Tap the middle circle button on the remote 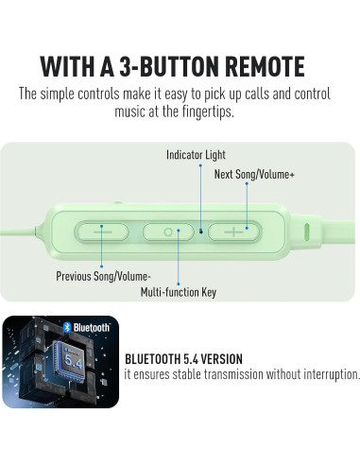point(168,231)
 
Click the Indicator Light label point(196,154)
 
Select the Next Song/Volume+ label point(254,174)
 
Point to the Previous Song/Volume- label point(103,277)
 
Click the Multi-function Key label point(178,292)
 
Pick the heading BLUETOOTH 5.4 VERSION point(183,359)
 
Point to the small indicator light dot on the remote point(201,230)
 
